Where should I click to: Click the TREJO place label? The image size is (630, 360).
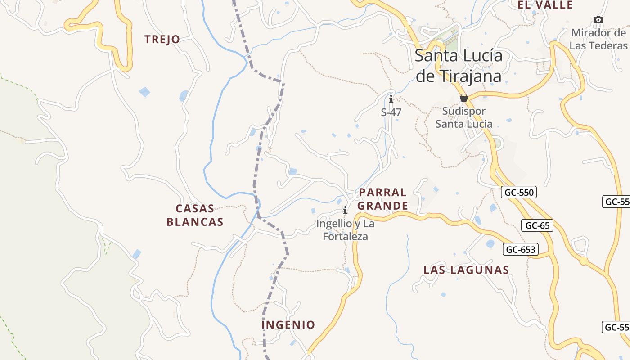(x=162, y=40)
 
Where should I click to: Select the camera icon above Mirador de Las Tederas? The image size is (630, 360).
(x=598, y=19)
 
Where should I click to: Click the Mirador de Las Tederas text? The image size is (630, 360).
(x=598, y=39)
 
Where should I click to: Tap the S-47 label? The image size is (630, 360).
(x=391, y=112)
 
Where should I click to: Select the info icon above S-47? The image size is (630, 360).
(x=391, y=99)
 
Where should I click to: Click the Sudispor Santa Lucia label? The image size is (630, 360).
(x=463, y=117)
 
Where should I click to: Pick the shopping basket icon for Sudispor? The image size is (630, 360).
(x=464, y=98)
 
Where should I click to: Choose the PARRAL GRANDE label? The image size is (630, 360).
(x=382, y=199)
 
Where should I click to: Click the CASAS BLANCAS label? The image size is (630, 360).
(x=195, y=215)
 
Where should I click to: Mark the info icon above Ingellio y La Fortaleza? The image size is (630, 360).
(x=345, y=210)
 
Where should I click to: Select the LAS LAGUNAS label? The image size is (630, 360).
(x=466, y=270)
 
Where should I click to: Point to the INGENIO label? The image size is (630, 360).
(x=288, y=325)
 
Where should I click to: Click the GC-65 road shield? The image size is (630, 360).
(x=537, y=225)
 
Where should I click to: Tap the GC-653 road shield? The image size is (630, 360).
(x=521, y=249)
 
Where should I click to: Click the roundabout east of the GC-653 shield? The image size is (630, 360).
(x=584, y=261)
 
